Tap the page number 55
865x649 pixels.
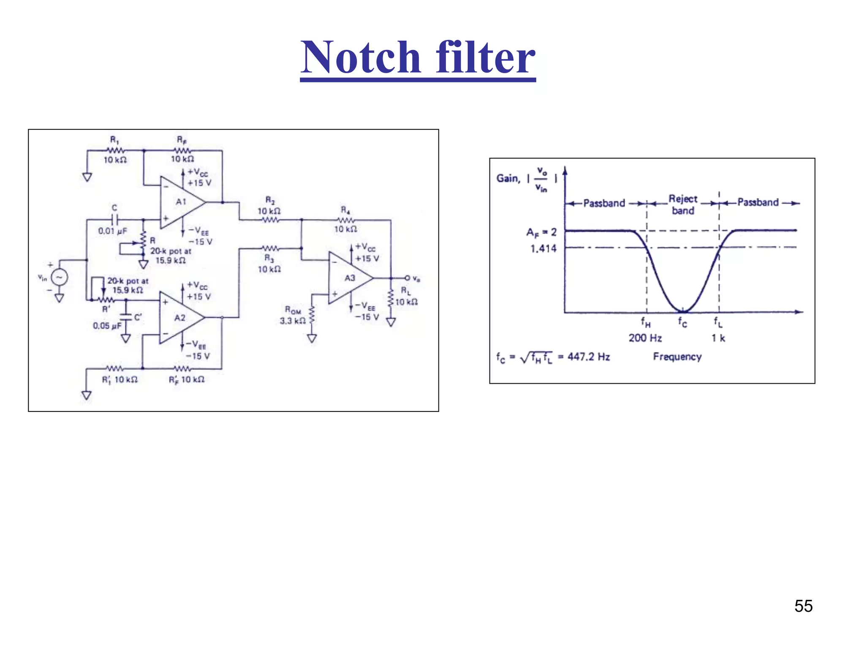click(x=803, y=606)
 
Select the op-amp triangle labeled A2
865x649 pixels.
click(x=179, y=317)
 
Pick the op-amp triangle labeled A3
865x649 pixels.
click(x=348, y=278)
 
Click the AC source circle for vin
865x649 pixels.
click(x=59, y=277)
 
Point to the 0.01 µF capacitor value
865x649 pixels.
click(x=112, y=231)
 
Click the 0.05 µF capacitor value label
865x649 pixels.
click(x=107, y=326)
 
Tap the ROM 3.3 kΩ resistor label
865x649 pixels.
click(x=293, y=316)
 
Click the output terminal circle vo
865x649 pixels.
click(x=407, y=278)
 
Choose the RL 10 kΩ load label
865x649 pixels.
click(x=406, y=297)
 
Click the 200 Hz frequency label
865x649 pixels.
click(x=645, y=338)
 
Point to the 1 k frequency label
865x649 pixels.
click(x=718, y=338)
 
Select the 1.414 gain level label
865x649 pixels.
click(x=543, y=248)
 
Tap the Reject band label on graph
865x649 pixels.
click(x=683, y=205)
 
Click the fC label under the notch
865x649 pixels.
click(x=683, y=322)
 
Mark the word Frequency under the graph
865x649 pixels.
click(x=677, y=357)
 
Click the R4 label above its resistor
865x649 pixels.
click(x=345, y=210)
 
